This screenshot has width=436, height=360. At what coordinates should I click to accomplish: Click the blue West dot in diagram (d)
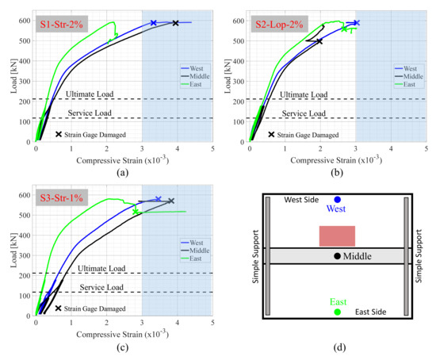338,199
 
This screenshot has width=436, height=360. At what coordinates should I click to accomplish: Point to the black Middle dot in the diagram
338,255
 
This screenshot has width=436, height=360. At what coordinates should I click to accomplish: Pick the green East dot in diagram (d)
338,312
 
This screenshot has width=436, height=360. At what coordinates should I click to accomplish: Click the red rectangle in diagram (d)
337,236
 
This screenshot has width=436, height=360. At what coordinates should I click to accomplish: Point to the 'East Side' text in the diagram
371,312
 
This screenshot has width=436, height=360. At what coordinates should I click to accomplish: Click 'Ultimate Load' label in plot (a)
90,94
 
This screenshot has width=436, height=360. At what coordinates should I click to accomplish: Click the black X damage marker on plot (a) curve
175,23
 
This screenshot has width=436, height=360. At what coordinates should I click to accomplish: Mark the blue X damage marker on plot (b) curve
357,23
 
